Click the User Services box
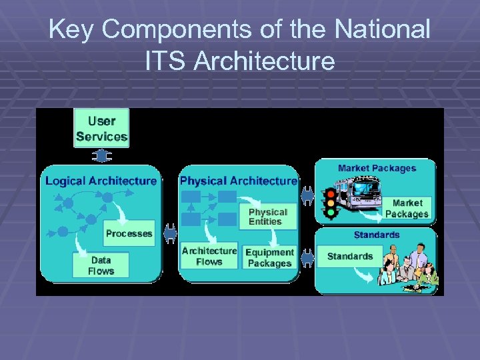[x=101, y=128]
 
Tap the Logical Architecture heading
[x=101, y=181]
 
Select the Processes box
[x=129, y=233]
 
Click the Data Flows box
[x=101, y=265]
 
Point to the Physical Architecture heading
[x=239, y=181]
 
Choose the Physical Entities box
[x=267, y=217]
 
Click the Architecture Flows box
[x=209, y=256]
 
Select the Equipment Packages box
[x=269, y=257]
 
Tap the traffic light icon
[x=329, y=203]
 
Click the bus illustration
[x=359, y=194]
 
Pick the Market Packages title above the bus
[x=377, y=168]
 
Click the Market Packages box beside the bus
[x=407, y=208]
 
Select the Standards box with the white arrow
[x=350, y=257]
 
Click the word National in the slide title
[x=383, y=29]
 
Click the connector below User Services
[x=101, y=156]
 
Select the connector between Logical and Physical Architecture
[x=169, y=233]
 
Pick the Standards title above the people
[x=377, y=235]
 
